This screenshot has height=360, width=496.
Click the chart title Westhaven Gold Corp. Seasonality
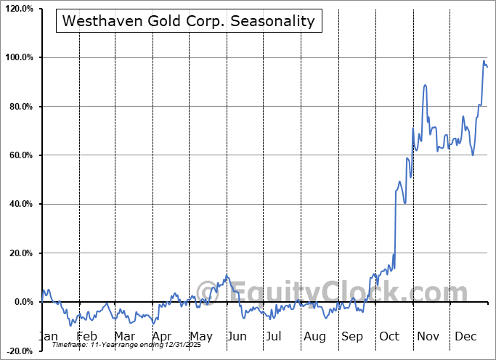pyautogui.click(x=189, y=21)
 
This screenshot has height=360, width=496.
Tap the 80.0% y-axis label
pyautogui.click(x=20, y=107)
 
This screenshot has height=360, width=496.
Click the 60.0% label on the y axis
pyautogui.click(x=20, y=155)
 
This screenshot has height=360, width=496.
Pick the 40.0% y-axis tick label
pyautogui.click(x=20, y=205)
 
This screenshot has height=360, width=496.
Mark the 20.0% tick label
pyautogui.click(x=20, y=253)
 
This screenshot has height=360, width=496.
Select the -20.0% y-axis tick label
pyautogui.click(x=18, y=351)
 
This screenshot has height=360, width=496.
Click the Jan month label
pyautogui.click(x=48, y=337)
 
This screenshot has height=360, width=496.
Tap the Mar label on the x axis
pyautogui.click(x=124, y=337)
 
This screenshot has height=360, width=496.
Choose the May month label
pyautogui.click(x=201, y=337)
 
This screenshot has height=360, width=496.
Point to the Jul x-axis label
pyautogui.click(x=274, y=337)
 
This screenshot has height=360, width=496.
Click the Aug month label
pyautogui.click(x=314, y=337)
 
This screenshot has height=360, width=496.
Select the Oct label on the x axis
pyautogui.click(x=389, y=337)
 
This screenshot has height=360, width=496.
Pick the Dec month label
pyautogui.click(x=466, y=337)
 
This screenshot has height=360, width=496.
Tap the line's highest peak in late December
pyautogui.click(x=484, y=61)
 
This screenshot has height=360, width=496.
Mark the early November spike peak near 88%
pyautogui.click(x=425, y=85)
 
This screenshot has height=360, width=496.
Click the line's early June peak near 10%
pyautogui.click(x=227, y=276)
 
